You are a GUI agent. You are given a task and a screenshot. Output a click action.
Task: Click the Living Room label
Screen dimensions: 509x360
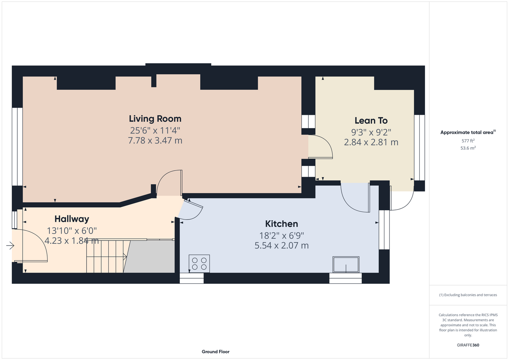click(155, 119)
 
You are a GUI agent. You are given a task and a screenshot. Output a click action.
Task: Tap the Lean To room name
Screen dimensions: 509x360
click(371, 121)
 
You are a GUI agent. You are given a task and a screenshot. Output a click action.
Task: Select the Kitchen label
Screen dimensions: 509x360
click(282, 224)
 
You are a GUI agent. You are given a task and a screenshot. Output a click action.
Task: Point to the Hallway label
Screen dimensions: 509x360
click(72, 219)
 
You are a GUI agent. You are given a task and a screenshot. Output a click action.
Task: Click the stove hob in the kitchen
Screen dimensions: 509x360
click(199, 264)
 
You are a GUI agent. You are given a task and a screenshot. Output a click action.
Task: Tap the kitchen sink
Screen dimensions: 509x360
click(346, 264)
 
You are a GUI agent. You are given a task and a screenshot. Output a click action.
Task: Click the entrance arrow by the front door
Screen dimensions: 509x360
click(10, 246)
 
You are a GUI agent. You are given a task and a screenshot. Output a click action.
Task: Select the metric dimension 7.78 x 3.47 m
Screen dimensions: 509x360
click(155, 141)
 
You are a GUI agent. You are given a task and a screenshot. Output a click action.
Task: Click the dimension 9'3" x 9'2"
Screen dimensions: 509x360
click(371, 132)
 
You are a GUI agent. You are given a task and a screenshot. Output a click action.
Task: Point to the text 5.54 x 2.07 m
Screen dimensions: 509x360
click(282, 246)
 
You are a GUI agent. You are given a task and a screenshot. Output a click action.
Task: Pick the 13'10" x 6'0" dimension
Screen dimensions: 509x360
click(72, 231)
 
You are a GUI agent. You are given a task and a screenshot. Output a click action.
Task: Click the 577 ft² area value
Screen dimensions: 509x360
click(468, 141)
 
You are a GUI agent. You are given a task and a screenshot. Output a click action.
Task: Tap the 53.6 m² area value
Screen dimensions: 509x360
click(468, 148)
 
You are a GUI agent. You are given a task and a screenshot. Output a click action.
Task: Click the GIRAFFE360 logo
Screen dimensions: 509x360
click(468, 345)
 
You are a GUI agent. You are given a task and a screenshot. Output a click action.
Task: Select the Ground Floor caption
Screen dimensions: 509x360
click(216, 352)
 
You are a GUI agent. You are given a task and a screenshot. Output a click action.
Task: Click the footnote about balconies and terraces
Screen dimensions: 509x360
click(468, 295)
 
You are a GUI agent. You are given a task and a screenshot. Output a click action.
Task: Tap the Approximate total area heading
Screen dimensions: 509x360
click(468, 132)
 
